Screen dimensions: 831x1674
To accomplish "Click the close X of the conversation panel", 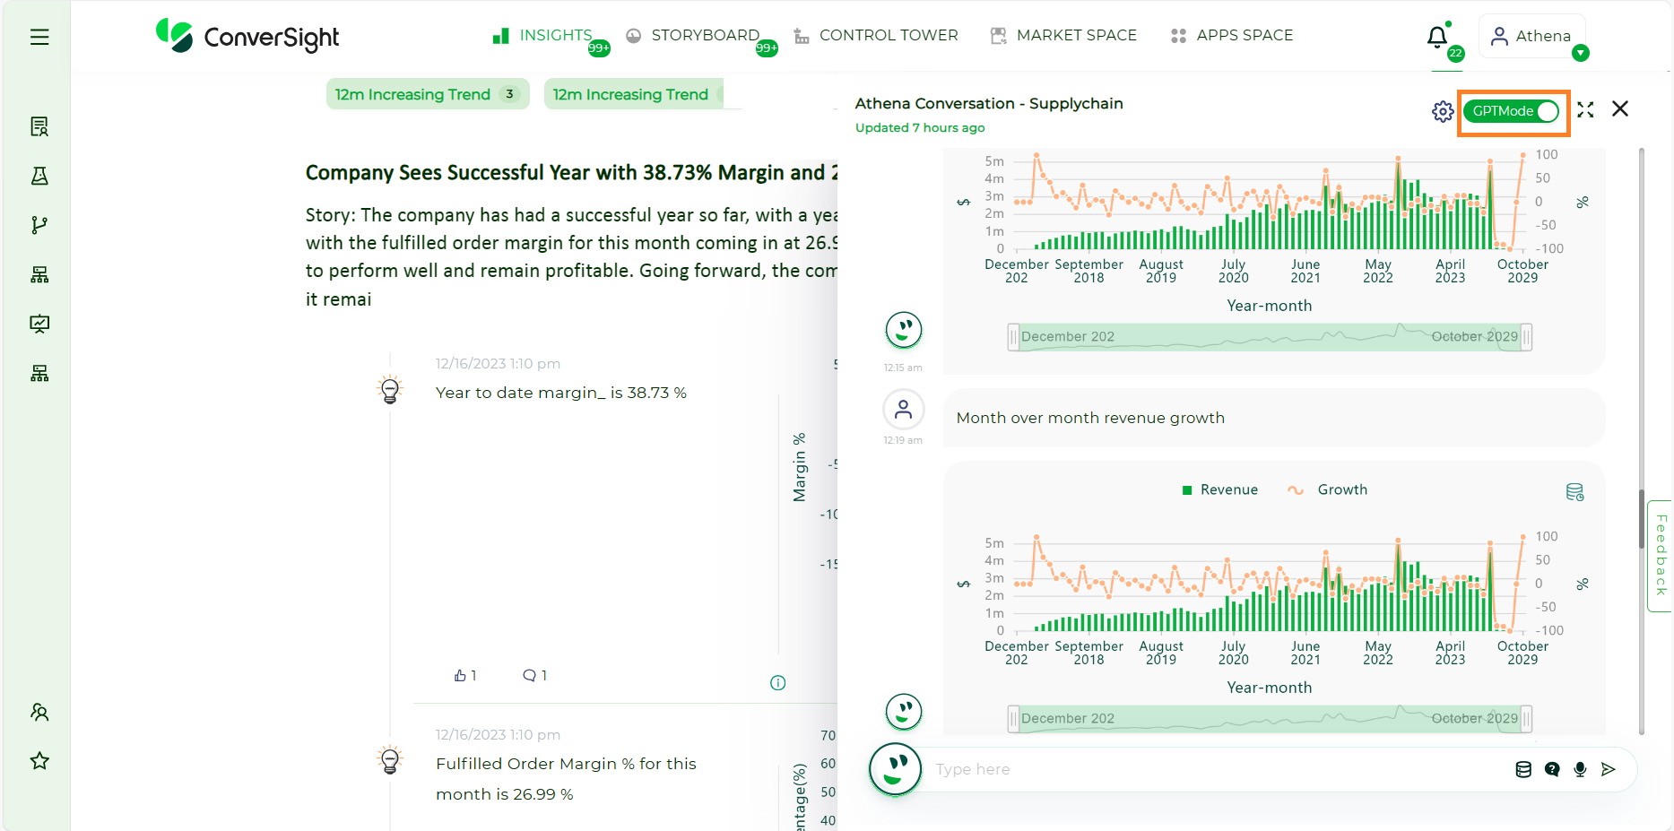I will (x=1619, y=109).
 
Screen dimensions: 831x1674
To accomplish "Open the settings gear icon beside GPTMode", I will (x=1442, y=111).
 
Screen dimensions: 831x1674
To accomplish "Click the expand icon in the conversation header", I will (x=1585, y=109).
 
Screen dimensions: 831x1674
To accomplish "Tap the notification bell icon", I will (x=1437, y=37).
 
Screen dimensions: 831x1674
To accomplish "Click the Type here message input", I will (x=1210, y=769).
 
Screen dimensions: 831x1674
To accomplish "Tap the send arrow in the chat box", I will (x=1609, y=769).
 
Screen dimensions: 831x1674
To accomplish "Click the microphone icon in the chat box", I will (x=1580, y=769).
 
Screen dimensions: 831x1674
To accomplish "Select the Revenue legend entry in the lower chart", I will (x=1220, y=489).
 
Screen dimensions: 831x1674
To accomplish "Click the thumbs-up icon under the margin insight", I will (x=460, y=676).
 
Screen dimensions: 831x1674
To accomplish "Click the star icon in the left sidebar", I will (x=39, y=761).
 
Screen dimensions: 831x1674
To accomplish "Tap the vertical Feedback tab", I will (x=1661, y=556).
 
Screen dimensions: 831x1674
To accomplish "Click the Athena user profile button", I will (x=1531, y=37).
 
